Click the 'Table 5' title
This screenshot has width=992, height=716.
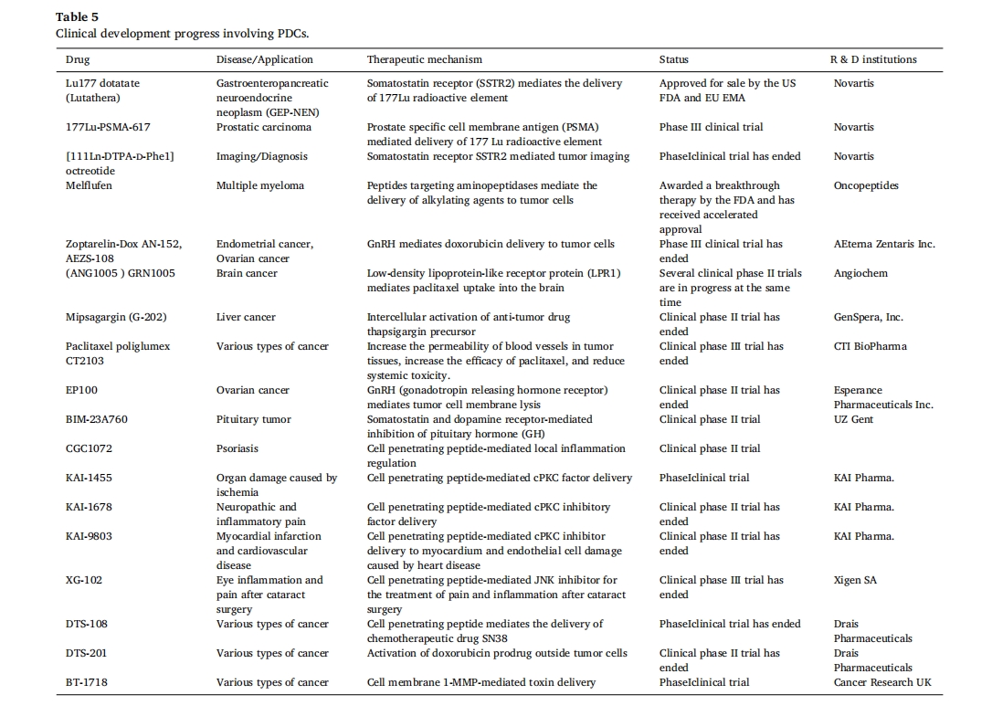click(x=77, y=17)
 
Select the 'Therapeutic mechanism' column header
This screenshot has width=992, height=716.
click(x=425, y=59)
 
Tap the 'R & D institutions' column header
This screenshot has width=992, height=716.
click(x=873, y=59)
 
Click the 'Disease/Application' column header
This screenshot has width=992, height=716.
click(x=265, y=59)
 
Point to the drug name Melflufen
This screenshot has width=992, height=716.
click(x=89, y=185)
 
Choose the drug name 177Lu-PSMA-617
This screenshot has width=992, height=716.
click(x=108, y=127)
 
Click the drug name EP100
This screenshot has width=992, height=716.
click(x=81, y=390)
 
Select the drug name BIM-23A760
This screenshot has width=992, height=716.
click(x=97, y=419)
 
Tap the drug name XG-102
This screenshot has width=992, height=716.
click(x=83, y=580)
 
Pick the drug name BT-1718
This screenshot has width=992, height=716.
click(x=87, y=682)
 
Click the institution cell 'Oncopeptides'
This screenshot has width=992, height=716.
click(x=866, y=186)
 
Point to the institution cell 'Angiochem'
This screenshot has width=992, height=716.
click(x=860, y=274)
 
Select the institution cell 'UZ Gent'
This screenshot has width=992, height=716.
click(x=853, y=419)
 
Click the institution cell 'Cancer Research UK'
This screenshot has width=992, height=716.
click(x=882, y=682)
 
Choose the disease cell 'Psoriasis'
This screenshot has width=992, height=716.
click(x=237, y=448)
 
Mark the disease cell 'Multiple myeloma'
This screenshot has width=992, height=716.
click(x=260, y=186)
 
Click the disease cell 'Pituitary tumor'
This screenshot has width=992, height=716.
click(x=254, y=419)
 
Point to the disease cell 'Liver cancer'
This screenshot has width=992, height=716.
click(x=246, y=317)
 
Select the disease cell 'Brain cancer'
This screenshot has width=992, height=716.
click(x=247, y=273)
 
